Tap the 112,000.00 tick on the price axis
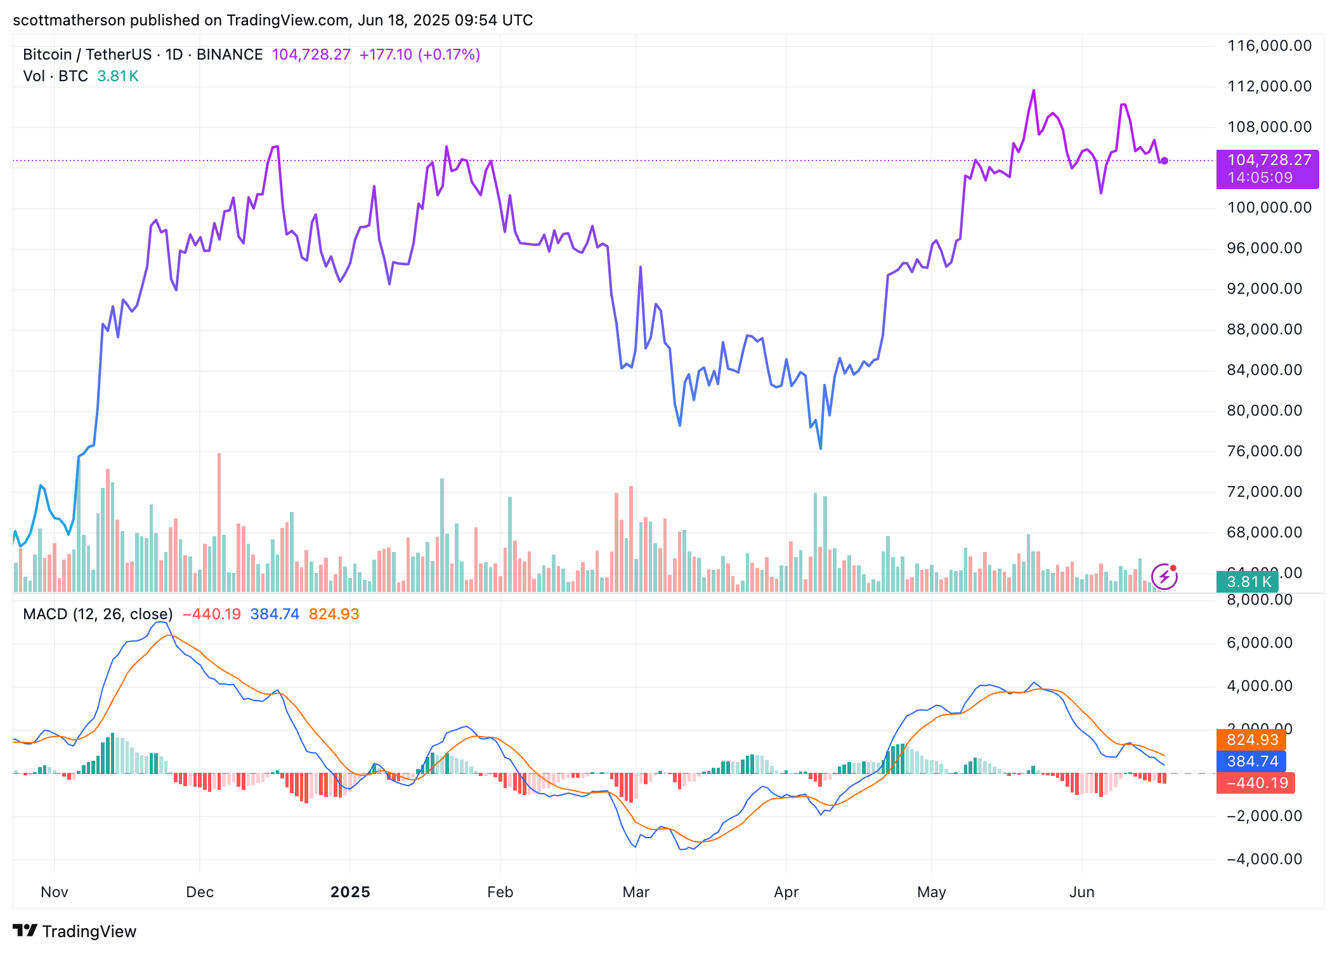(1269, 86)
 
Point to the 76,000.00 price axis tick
(1264, 451)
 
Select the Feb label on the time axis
(500, 892)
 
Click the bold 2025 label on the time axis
(350, 892)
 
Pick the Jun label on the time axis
(1081, 892)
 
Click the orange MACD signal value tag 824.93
(1252, 740)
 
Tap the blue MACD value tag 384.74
(1252, 761)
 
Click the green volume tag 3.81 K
(1248, 582)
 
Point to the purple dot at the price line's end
(1164, 161)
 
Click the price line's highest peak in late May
(1034, 91)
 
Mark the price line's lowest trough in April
(820, 448)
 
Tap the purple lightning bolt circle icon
(1164, 577)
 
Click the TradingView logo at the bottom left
(74, 931)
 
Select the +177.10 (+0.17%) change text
(419, 55)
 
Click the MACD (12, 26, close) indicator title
(98, 614)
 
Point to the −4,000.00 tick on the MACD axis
(1264, 859)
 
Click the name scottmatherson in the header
(69, 20)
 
